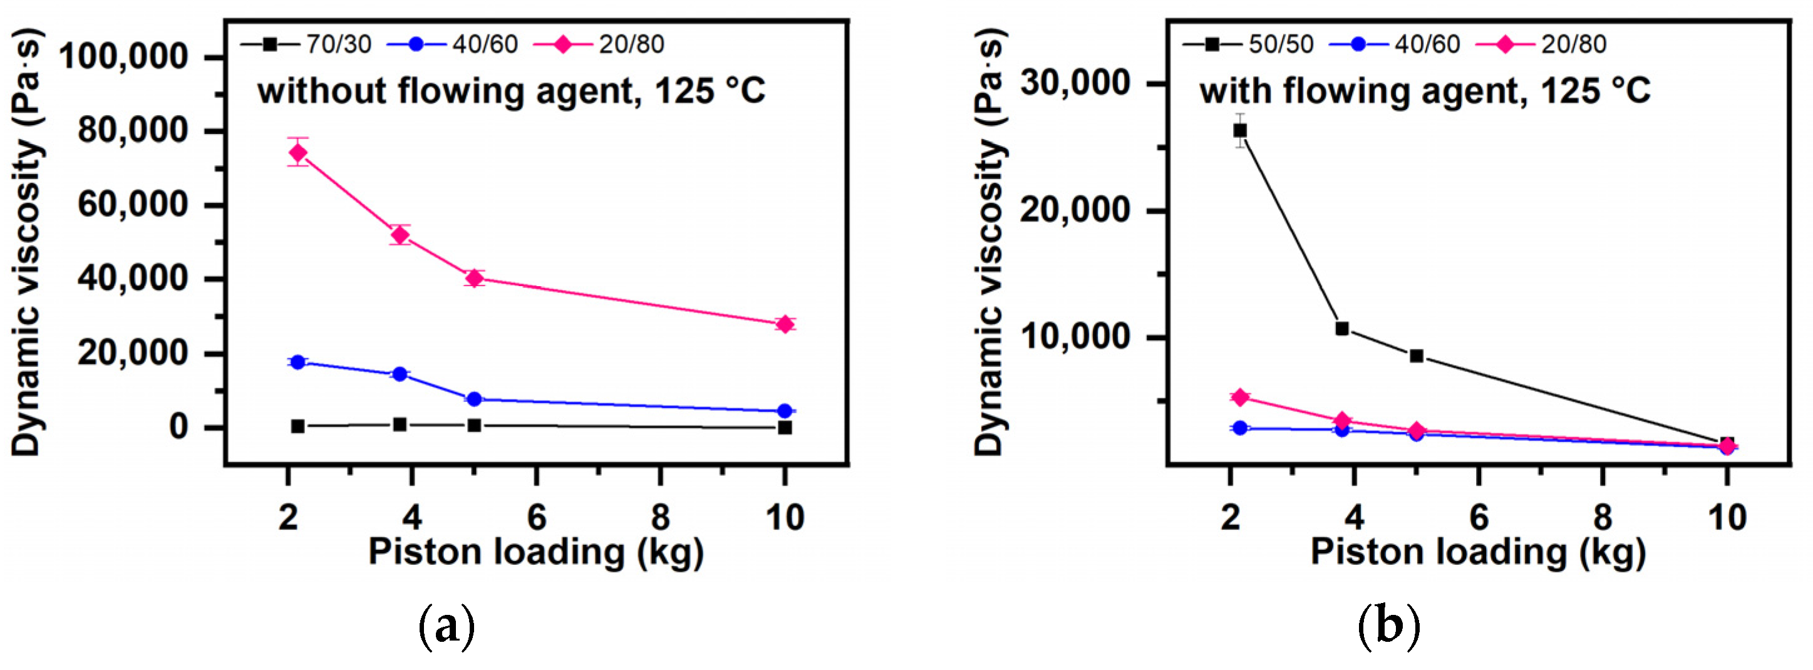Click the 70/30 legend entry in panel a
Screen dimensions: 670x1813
click(x=307, y=44)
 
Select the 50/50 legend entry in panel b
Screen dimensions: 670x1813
click(x=1249, y=44)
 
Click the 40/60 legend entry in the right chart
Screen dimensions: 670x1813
click(x=1396, y=44)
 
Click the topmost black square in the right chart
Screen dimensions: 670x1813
click(x=1240, y=130)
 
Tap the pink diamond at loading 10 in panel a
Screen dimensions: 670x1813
click(x=785, y=324)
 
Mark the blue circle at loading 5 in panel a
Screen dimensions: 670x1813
click(x=474, y=399)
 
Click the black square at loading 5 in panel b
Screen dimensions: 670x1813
click(x=1417, y=356)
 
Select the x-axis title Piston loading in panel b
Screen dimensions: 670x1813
click(x=1478, y=552)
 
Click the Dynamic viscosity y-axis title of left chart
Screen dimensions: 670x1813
click(x=27, y=243)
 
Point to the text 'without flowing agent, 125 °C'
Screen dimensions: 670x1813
click(x=511, y=91)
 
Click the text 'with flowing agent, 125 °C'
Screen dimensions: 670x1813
click(x=1425, y=91)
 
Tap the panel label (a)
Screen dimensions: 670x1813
click(x=447, y=626)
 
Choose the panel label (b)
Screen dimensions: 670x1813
click(x=1388, y=626)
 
